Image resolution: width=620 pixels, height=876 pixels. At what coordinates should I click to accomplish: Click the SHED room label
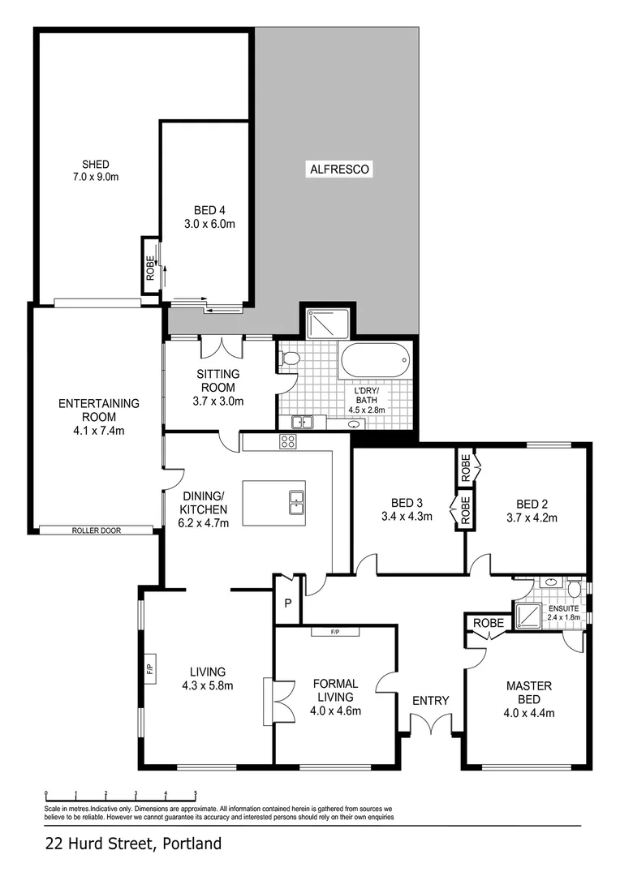point(96,164)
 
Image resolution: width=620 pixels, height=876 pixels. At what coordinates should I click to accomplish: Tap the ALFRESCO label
point(339,170)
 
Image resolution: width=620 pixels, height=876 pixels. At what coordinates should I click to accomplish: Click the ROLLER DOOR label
point(96,530)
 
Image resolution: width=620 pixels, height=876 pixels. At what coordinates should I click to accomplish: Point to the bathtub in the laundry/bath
point(374,360)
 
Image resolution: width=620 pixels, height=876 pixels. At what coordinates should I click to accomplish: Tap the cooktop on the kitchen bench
point(288,441)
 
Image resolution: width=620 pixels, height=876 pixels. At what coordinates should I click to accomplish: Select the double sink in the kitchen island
point(295,504)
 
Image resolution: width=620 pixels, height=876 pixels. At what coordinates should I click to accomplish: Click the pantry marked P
point(286,603)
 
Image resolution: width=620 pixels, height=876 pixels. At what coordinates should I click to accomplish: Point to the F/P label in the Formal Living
point(335,632)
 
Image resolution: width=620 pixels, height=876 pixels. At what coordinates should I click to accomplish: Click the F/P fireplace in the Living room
point(149,669)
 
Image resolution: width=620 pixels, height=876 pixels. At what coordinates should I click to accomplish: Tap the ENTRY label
point(430,700)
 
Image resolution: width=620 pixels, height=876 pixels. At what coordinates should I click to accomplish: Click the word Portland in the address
point(192,844)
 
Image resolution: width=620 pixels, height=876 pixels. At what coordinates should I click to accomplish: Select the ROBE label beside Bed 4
point(150,267)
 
